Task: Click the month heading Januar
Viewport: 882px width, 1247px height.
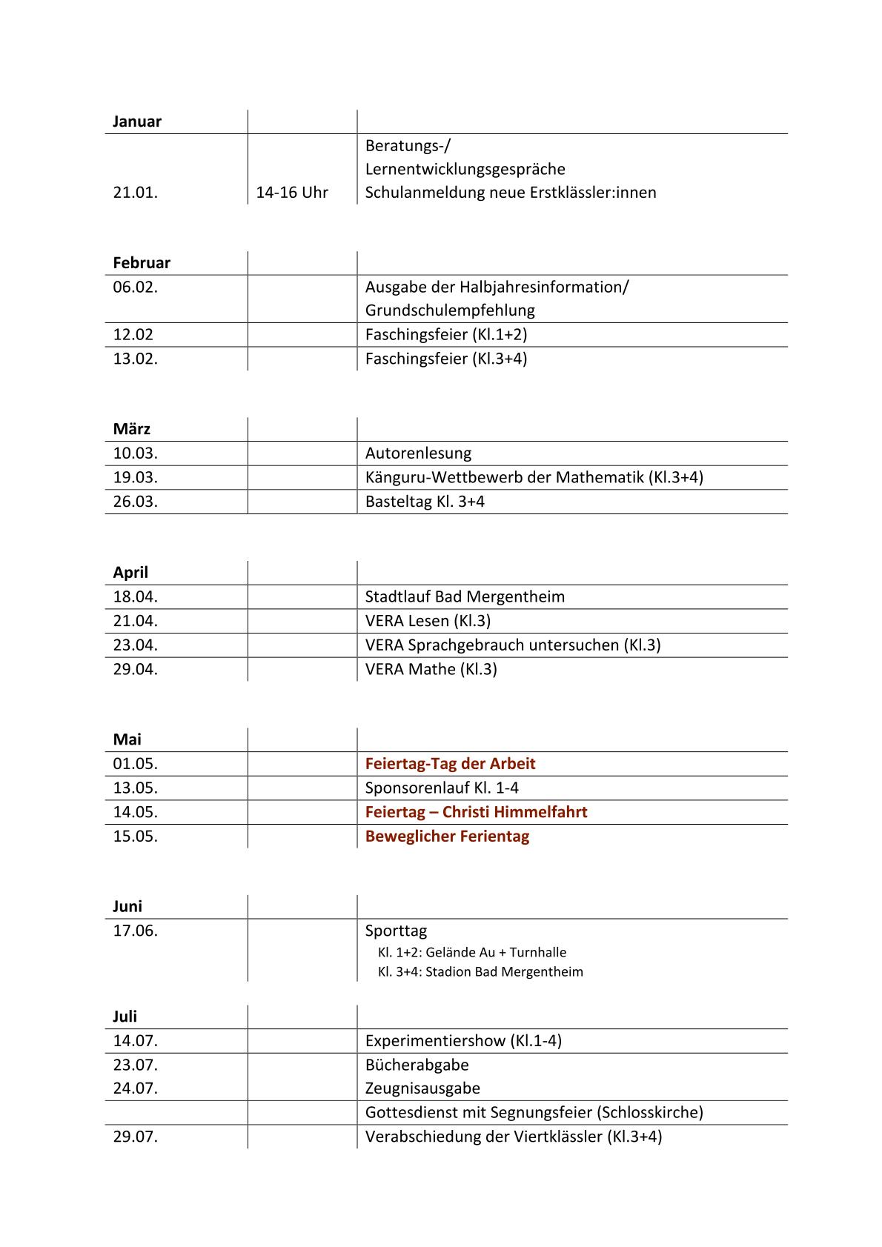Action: coord(137,122)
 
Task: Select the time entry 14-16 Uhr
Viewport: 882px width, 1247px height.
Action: coord(292,193)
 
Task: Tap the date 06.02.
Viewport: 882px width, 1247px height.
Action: coord(136,287)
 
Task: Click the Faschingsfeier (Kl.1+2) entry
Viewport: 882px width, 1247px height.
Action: coord(446,334)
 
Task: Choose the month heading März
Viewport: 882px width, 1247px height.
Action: coord(132,429)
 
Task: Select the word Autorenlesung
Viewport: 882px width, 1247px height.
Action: coord(418,453)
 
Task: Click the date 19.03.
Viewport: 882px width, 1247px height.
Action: coord(136,477)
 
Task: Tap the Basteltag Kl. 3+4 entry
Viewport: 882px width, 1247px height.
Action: coord(425,502)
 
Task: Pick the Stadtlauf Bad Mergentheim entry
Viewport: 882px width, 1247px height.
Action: coord(465,596)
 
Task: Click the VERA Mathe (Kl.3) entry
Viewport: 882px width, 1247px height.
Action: coord(431,669)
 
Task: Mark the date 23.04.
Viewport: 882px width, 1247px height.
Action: coord(136,645)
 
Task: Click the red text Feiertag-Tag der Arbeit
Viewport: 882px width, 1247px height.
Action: coord(450,764)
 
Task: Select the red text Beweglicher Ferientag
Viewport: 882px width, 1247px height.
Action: coord(447,837)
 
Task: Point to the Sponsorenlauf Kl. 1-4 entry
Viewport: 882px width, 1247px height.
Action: coord(442,788)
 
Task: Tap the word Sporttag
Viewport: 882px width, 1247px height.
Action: coord(396,931)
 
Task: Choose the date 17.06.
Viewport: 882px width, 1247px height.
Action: coord(136,931)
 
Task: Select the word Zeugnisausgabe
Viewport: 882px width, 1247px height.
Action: coord(422,1088)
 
